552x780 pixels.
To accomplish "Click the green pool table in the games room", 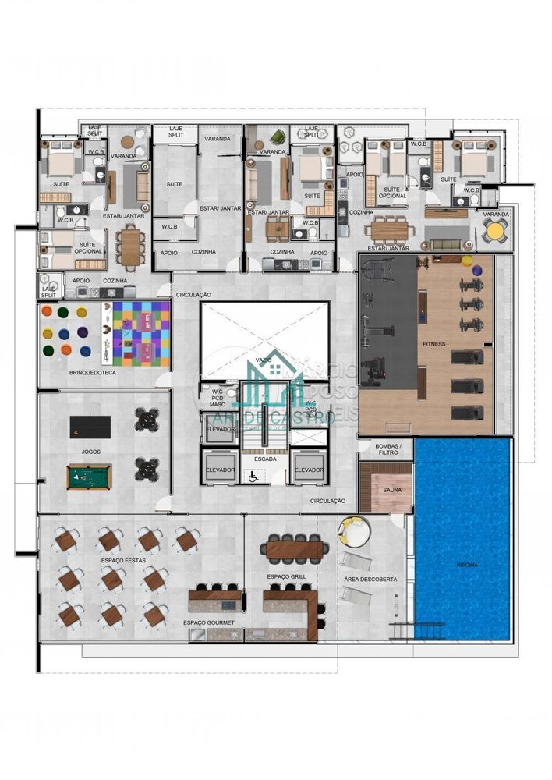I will coord(89,477).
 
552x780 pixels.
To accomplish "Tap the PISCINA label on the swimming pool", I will coord(467,564).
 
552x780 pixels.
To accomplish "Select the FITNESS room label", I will coord(434,343).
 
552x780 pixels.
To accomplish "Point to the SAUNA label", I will coord(392,491).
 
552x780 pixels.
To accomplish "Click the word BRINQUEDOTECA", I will coord(93,374).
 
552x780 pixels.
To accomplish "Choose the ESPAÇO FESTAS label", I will coord(123,561).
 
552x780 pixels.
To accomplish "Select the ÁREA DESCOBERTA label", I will coord(370,580).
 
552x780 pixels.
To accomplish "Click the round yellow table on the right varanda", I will coord(495,231).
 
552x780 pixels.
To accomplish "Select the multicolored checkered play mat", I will coord(141,334).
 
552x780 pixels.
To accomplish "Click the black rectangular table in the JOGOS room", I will coord(90,427).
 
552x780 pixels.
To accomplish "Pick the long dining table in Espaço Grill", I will coord(293,550).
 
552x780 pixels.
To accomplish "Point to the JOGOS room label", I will coord(90,452).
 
